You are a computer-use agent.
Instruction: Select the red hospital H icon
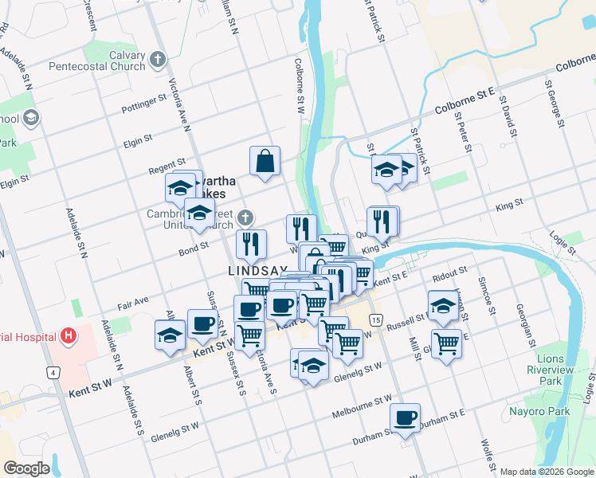[x=69, y=335]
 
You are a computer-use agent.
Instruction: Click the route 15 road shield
[x=375, y=319]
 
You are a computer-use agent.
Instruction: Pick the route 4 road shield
[x=53, y=372]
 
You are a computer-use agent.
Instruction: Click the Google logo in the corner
[x=26, y=468]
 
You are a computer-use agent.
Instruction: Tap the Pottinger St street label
[x=143, y=103]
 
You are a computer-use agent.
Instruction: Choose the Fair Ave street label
[x=133, y=304]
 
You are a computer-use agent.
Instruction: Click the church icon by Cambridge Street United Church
[x=247, y=217]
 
